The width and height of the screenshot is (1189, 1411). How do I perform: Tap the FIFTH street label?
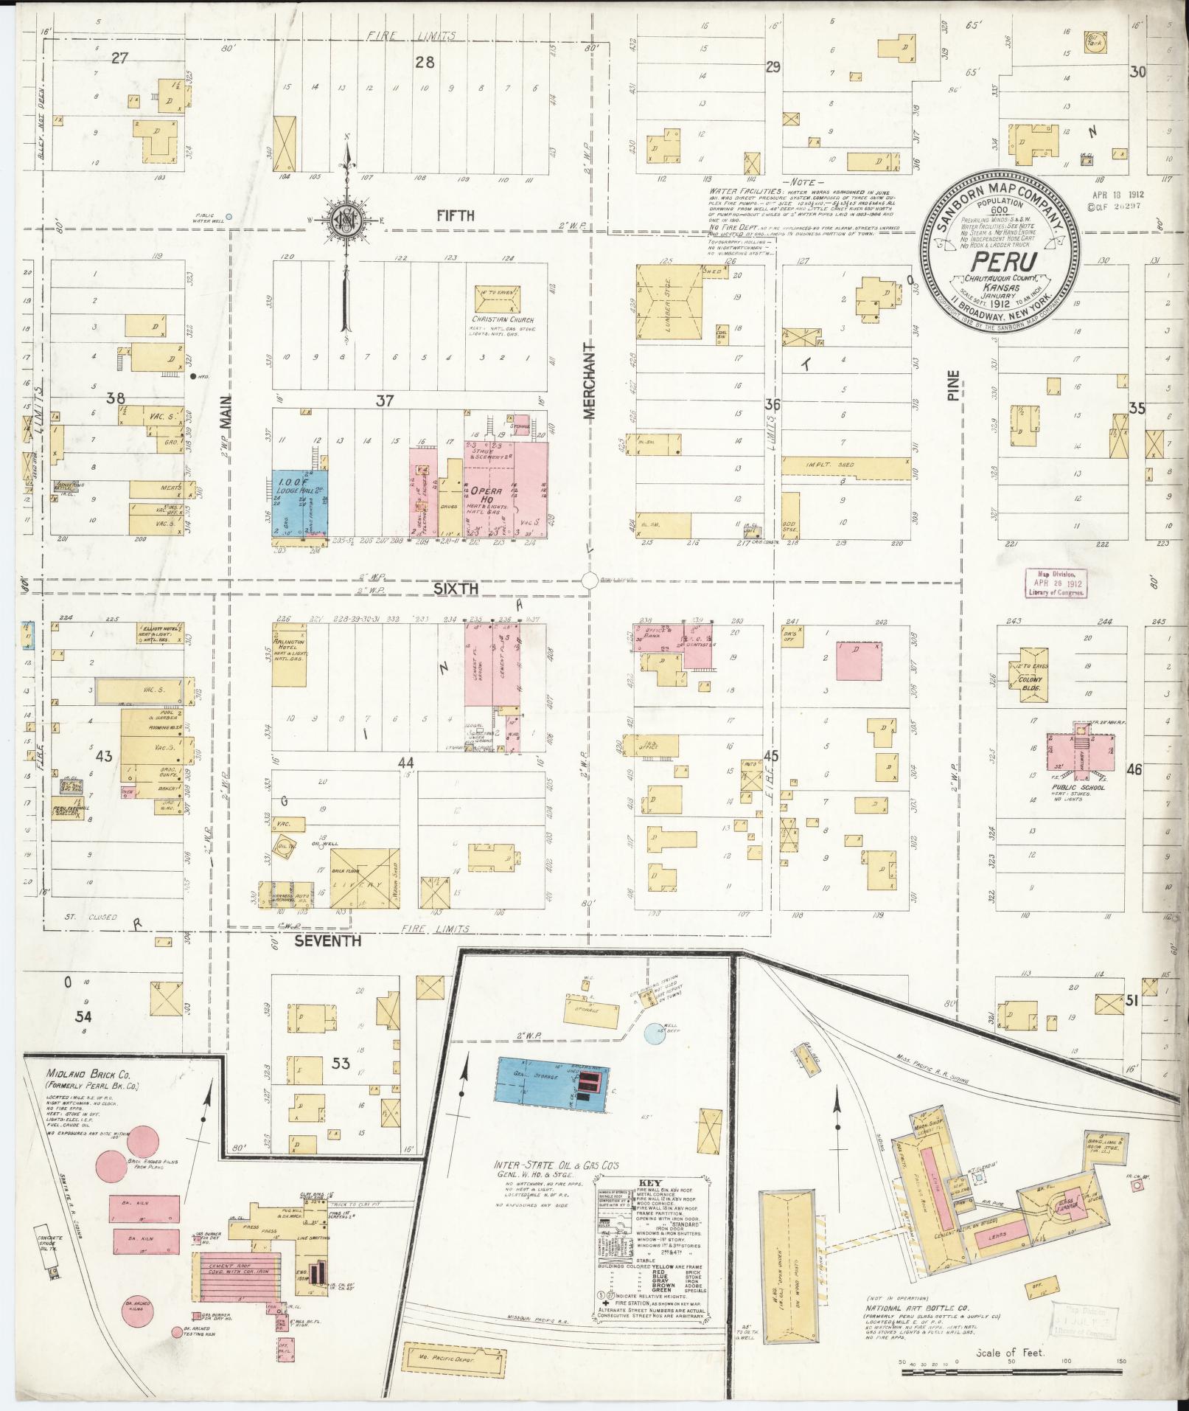455,215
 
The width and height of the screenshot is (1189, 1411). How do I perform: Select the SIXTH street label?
456,589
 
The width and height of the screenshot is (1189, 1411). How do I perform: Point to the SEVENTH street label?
328,941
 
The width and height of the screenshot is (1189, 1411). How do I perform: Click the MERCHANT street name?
589,381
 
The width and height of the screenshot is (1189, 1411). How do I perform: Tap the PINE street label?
954,385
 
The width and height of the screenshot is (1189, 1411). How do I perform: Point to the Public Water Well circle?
229,217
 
